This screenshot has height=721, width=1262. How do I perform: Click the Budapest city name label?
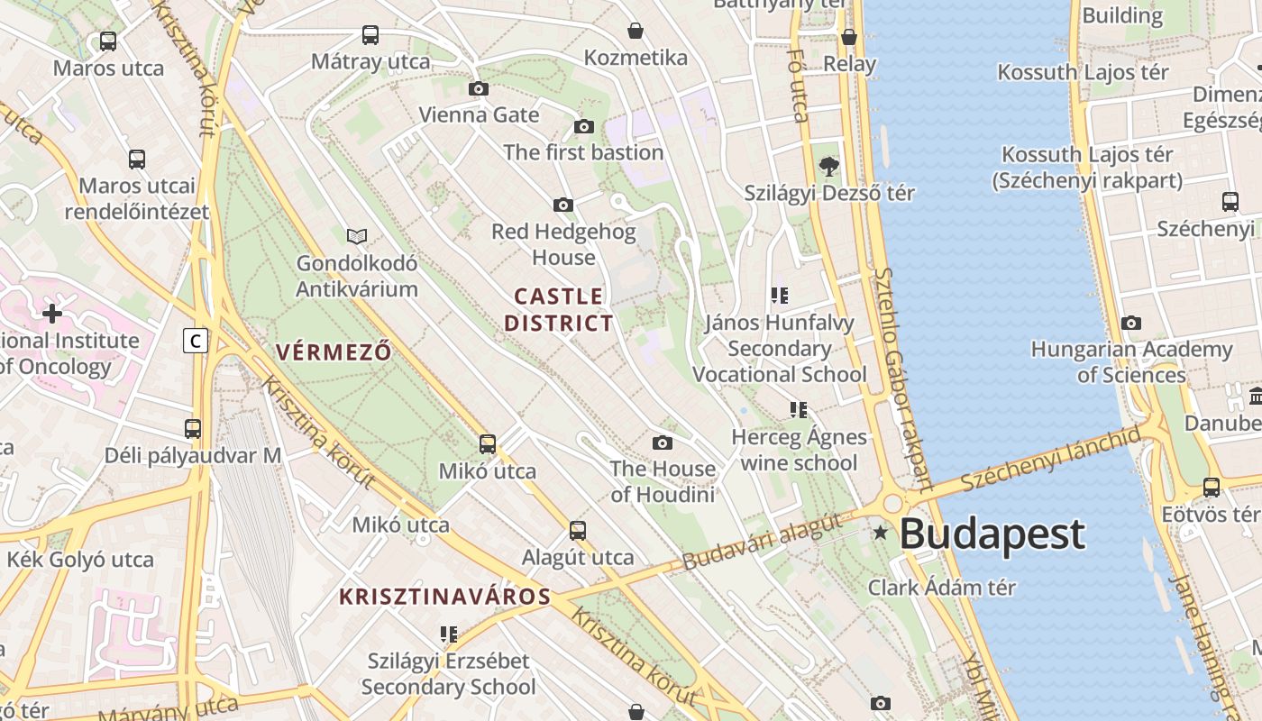992,534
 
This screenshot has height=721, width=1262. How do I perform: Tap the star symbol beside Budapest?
881,534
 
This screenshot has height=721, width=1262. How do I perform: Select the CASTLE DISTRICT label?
559,309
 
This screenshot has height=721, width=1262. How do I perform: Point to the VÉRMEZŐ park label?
334,351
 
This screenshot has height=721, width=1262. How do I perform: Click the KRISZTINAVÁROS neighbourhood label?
444,597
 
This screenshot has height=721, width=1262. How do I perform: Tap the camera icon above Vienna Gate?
479,88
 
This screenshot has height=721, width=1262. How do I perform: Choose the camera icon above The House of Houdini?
663,443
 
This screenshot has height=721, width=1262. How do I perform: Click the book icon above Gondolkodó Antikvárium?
357,236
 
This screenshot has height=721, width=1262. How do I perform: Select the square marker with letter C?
195,341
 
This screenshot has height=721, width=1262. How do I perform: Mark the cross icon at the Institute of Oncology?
52,314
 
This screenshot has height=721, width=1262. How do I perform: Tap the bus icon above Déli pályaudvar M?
193,429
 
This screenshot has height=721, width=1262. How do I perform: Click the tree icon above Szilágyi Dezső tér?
828,166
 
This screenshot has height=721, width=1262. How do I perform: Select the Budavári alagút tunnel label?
762,541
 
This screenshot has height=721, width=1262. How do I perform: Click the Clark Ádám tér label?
942,588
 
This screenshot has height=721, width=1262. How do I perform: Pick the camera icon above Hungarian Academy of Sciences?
1131,323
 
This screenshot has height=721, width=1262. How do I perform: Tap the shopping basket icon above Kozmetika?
636,31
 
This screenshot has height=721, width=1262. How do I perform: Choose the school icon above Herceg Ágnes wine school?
798,410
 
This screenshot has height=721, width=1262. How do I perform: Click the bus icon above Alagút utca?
578,531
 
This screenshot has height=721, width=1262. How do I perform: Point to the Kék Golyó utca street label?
80,560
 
